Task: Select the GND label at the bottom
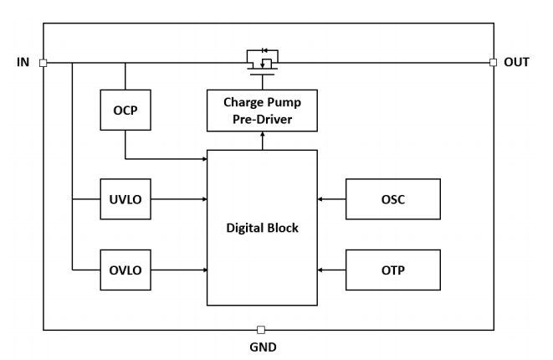[x=262, y=347]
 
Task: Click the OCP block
[x=125, y=111]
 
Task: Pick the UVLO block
[x=125, y=199]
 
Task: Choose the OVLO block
[x=125, y=270]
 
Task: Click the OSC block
[x=393, y=199]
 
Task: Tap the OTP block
[x=393, y=270]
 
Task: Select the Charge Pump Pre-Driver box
[x=262, y=111]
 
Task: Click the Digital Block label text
[x=262, y=228]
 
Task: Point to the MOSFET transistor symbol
[x=262, y=60]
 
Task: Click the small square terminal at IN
[x=43, y=62]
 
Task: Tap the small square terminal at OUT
[x=493, y=62]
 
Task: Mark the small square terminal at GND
[x=262, y=330]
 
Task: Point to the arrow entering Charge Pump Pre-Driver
[x=262, y=141]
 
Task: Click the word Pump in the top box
[x=284, y=102]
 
